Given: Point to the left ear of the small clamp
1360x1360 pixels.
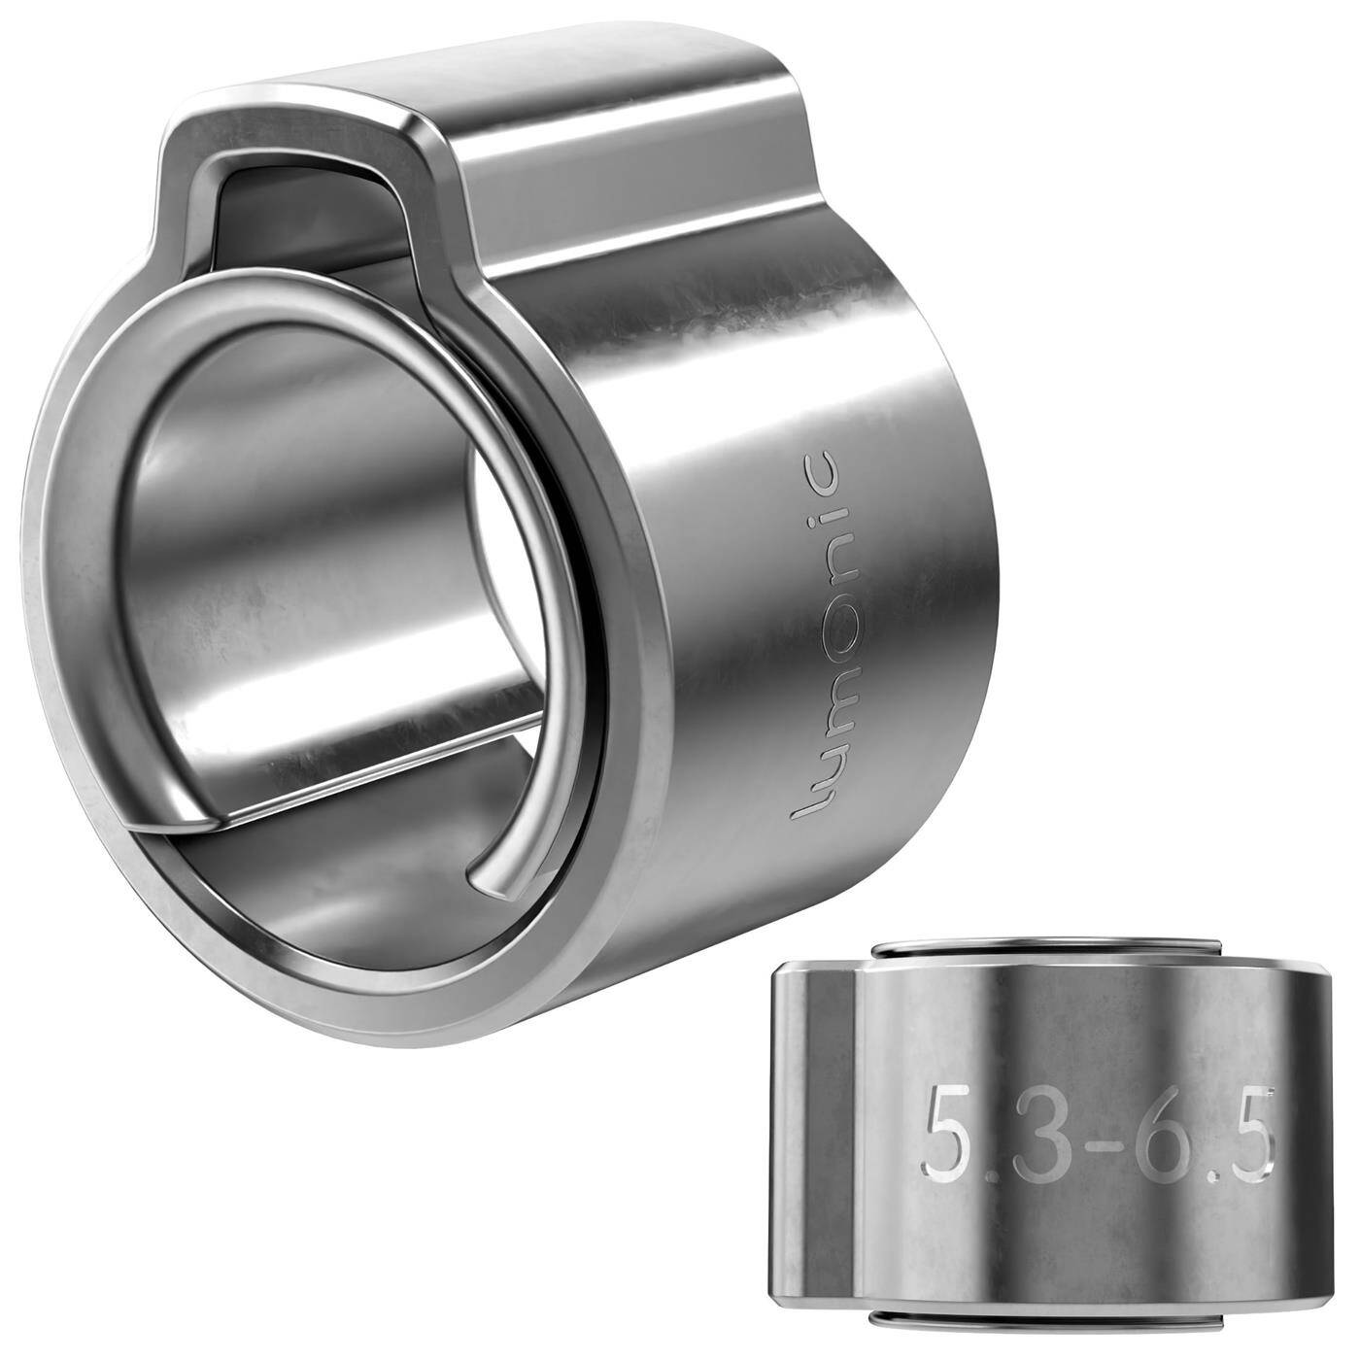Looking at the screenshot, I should [811, 1127].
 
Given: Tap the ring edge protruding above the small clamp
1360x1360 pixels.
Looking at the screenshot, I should [1044, 946].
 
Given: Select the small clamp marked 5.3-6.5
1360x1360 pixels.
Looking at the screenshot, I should [1049, 1132].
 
